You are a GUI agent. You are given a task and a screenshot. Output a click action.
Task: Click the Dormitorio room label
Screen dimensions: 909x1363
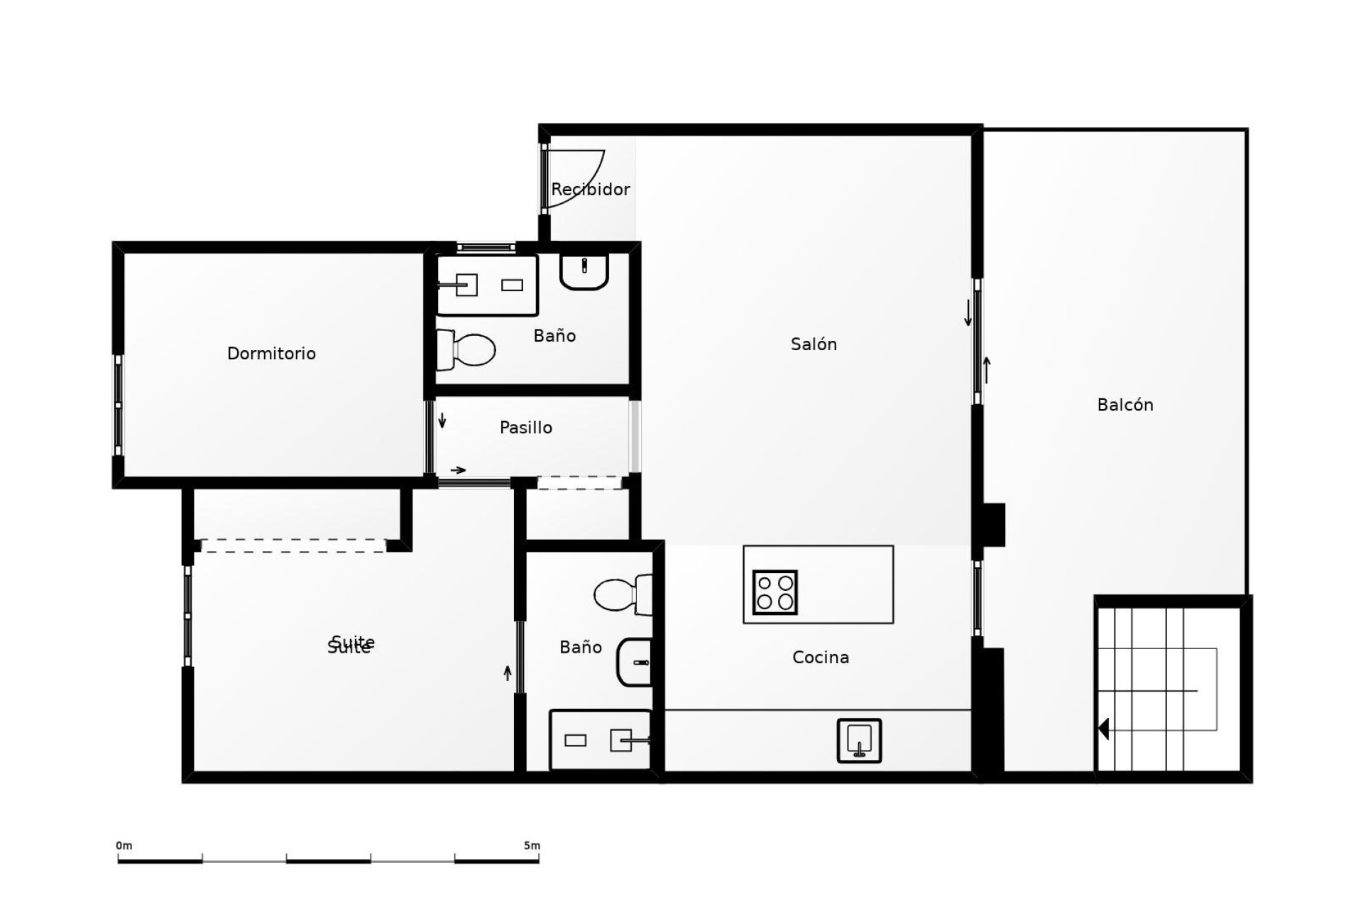(271, 354)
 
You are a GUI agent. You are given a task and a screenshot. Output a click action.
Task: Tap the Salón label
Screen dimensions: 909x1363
(814, 344)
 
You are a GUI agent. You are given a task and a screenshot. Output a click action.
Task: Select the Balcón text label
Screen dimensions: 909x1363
(1124, 405)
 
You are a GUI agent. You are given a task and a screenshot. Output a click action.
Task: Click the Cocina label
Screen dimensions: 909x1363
(820, 658)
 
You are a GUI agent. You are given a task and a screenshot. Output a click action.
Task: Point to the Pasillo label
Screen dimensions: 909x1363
(525, 428)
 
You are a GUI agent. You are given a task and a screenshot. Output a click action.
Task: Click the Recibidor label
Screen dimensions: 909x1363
(590, 190)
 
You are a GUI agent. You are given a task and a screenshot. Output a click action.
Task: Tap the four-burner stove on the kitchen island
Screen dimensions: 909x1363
(774, 592)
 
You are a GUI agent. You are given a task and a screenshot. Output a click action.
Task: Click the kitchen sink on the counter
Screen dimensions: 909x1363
(859, 741)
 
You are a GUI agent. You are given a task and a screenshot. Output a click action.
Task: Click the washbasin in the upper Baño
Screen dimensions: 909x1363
(584, 271)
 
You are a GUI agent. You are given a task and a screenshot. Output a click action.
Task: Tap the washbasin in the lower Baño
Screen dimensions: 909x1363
(635, 662)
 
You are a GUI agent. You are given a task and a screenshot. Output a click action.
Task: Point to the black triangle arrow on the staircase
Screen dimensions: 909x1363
(1103, 729)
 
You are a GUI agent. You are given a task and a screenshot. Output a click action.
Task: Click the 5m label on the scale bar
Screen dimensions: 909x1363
(532, 846)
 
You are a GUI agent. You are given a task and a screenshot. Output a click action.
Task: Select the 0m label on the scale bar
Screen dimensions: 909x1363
(124, 846)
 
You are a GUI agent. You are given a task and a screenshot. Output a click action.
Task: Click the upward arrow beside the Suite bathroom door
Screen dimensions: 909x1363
(508, 673)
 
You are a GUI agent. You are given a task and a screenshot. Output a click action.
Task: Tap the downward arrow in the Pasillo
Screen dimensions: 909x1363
(442, 420)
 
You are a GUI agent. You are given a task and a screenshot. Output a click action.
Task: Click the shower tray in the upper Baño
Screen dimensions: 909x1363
(487, 285)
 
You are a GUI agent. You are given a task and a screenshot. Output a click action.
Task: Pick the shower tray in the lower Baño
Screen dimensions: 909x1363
(600, 740)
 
